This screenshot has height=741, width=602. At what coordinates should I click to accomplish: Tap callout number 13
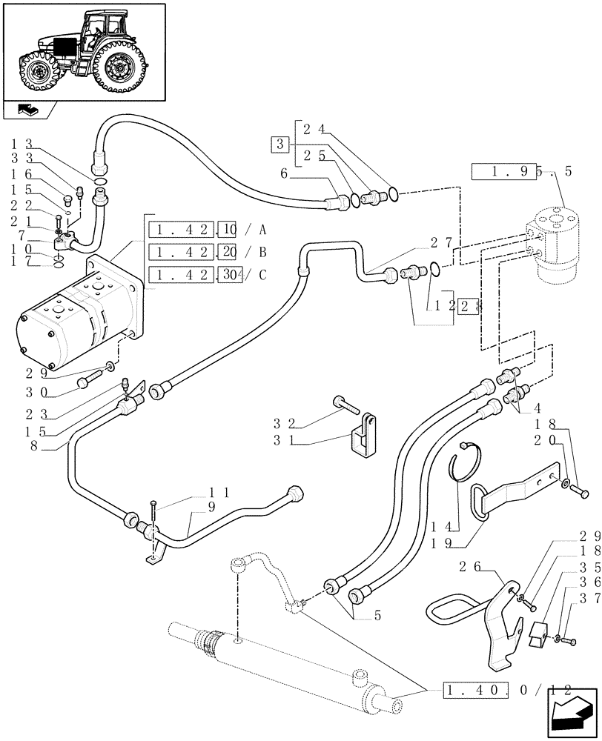point(21,143)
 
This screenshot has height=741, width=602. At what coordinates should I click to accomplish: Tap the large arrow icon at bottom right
point(572,710)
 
